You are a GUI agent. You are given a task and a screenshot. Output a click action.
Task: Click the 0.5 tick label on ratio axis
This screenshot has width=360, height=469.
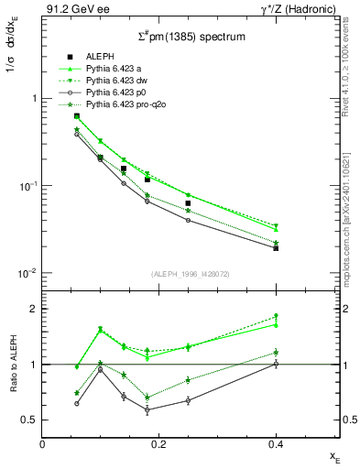[x=27, y=420]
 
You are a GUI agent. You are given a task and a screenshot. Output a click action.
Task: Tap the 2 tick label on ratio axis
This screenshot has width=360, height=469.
[x=32, y=309]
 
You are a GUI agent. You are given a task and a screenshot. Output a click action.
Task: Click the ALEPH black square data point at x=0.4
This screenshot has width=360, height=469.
[x=276, y=247]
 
